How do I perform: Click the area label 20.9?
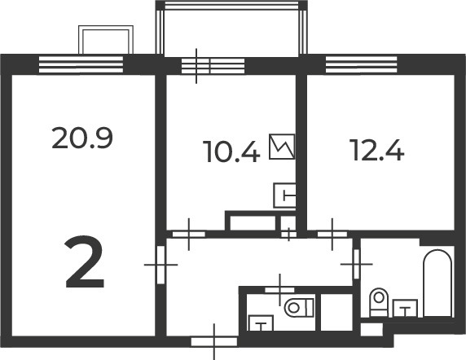[x=82, y=138]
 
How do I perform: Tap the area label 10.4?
[x=231, y=151]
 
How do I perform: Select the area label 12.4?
[x=378, y=150]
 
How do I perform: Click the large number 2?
[x=85, y=262]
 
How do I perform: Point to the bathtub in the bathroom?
[x=437, y=283]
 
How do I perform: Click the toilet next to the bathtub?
[x=379, y=302]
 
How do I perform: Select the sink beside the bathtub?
[x=405, y=308]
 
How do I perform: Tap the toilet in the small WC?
[x=299, y=307]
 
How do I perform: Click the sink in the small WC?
[x=261, y=323]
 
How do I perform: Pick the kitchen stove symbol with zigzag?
[x=282, y=147]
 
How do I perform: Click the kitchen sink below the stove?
[x=284, y=195]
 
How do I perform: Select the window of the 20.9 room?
[x=81, y=64]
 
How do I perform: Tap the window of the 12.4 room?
[x=362, y=64]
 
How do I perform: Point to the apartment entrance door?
[x=214, y=341]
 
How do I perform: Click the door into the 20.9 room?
[x=160, y=265]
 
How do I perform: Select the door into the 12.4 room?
[x=332, y=235]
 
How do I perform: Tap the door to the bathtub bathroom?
[x=357, y=264]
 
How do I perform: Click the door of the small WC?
[x=279, y=290]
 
